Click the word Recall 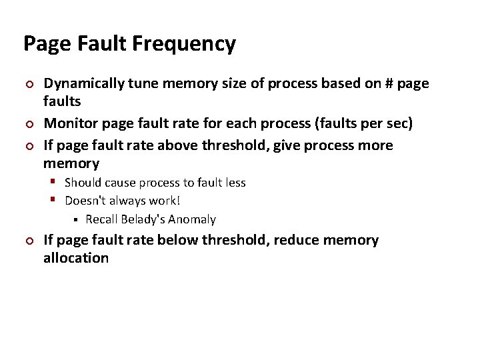tap(101, 219)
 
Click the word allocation tap(75, 258)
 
